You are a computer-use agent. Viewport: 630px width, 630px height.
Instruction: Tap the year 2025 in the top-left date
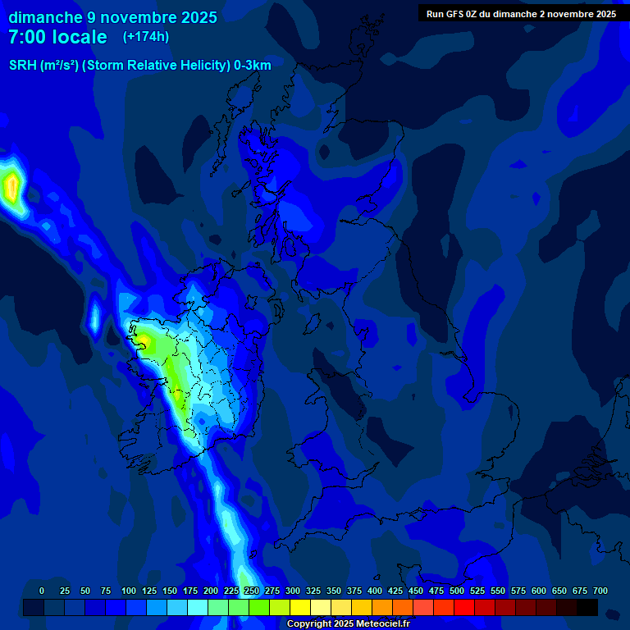tap(196, 17)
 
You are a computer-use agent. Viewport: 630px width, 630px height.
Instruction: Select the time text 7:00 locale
tap(57, 37)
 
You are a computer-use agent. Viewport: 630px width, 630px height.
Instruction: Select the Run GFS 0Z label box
tap(521, 14)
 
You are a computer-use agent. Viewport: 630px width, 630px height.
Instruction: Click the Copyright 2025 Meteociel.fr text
tap(348, 623)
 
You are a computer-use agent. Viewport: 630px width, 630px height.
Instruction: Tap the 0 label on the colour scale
tap(42, 591)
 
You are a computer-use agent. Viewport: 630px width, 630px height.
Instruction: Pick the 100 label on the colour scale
tap(129, 591)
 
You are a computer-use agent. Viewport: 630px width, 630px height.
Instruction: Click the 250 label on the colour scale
tap(252, 591)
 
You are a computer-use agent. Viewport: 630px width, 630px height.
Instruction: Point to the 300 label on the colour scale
tap(293, 591)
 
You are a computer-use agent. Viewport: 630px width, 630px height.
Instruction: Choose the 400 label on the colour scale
tap(375, 591)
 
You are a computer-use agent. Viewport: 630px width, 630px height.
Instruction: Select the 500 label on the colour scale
tap(457, 591)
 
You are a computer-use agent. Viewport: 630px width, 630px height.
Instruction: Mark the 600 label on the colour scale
tap(539, 591)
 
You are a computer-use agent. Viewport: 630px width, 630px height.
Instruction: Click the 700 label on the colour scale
tap(600, 591)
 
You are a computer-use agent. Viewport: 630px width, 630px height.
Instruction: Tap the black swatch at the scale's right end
tap(587, 608)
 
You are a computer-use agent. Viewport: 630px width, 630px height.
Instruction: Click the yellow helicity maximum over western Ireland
tap(144, 340)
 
